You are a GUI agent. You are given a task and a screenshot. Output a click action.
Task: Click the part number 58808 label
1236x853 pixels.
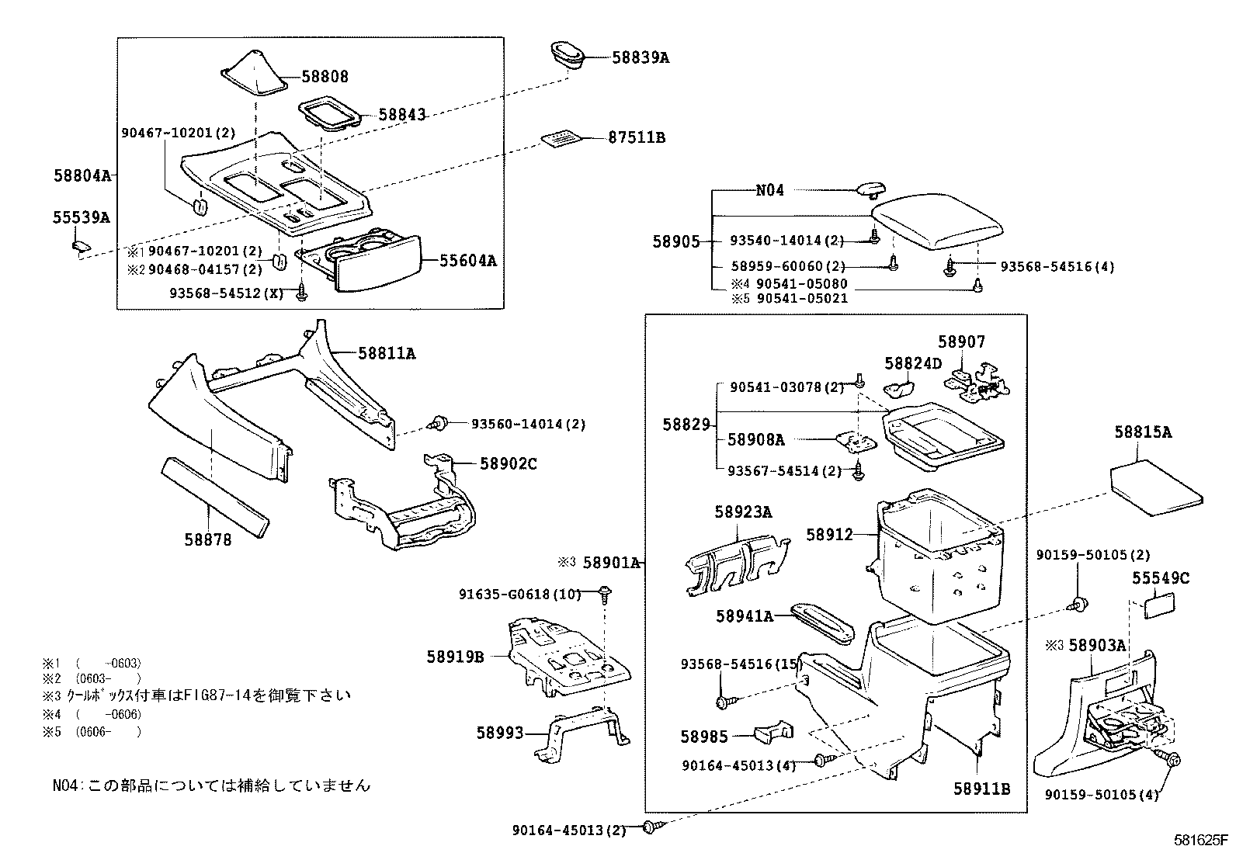point(325,77)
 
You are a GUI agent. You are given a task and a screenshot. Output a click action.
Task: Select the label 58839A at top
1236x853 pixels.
point(641,57)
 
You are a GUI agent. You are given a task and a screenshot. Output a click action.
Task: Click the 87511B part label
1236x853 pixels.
point(637,138)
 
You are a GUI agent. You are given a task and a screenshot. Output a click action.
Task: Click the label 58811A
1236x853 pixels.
point(387,354)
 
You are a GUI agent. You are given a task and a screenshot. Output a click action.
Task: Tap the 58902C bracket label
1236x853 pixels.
point(509,464)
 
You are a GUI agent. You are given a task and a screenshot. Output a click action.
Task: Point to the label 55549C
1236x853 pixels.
point(1160,578)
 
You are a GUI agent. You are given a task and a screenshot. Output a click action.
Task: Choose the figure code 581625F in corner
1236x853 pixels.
point(1200,840)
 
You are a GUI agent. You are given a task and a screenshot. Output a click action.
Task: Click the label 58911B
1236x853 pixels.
point(982,789)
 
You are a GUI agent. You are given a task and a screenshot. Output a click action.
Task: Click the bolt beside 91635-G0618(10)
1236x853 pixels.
point(605,595)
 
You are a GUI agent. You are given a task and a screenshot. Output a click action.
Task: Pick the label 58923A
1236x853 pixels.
point(743,512)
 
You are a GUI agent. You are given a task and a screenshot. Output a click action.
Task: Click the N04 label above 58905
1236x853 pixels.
point(770,190)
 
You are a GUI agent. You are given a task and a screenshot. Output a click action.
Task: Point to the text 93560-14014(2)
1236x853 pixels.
point(528,425)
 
